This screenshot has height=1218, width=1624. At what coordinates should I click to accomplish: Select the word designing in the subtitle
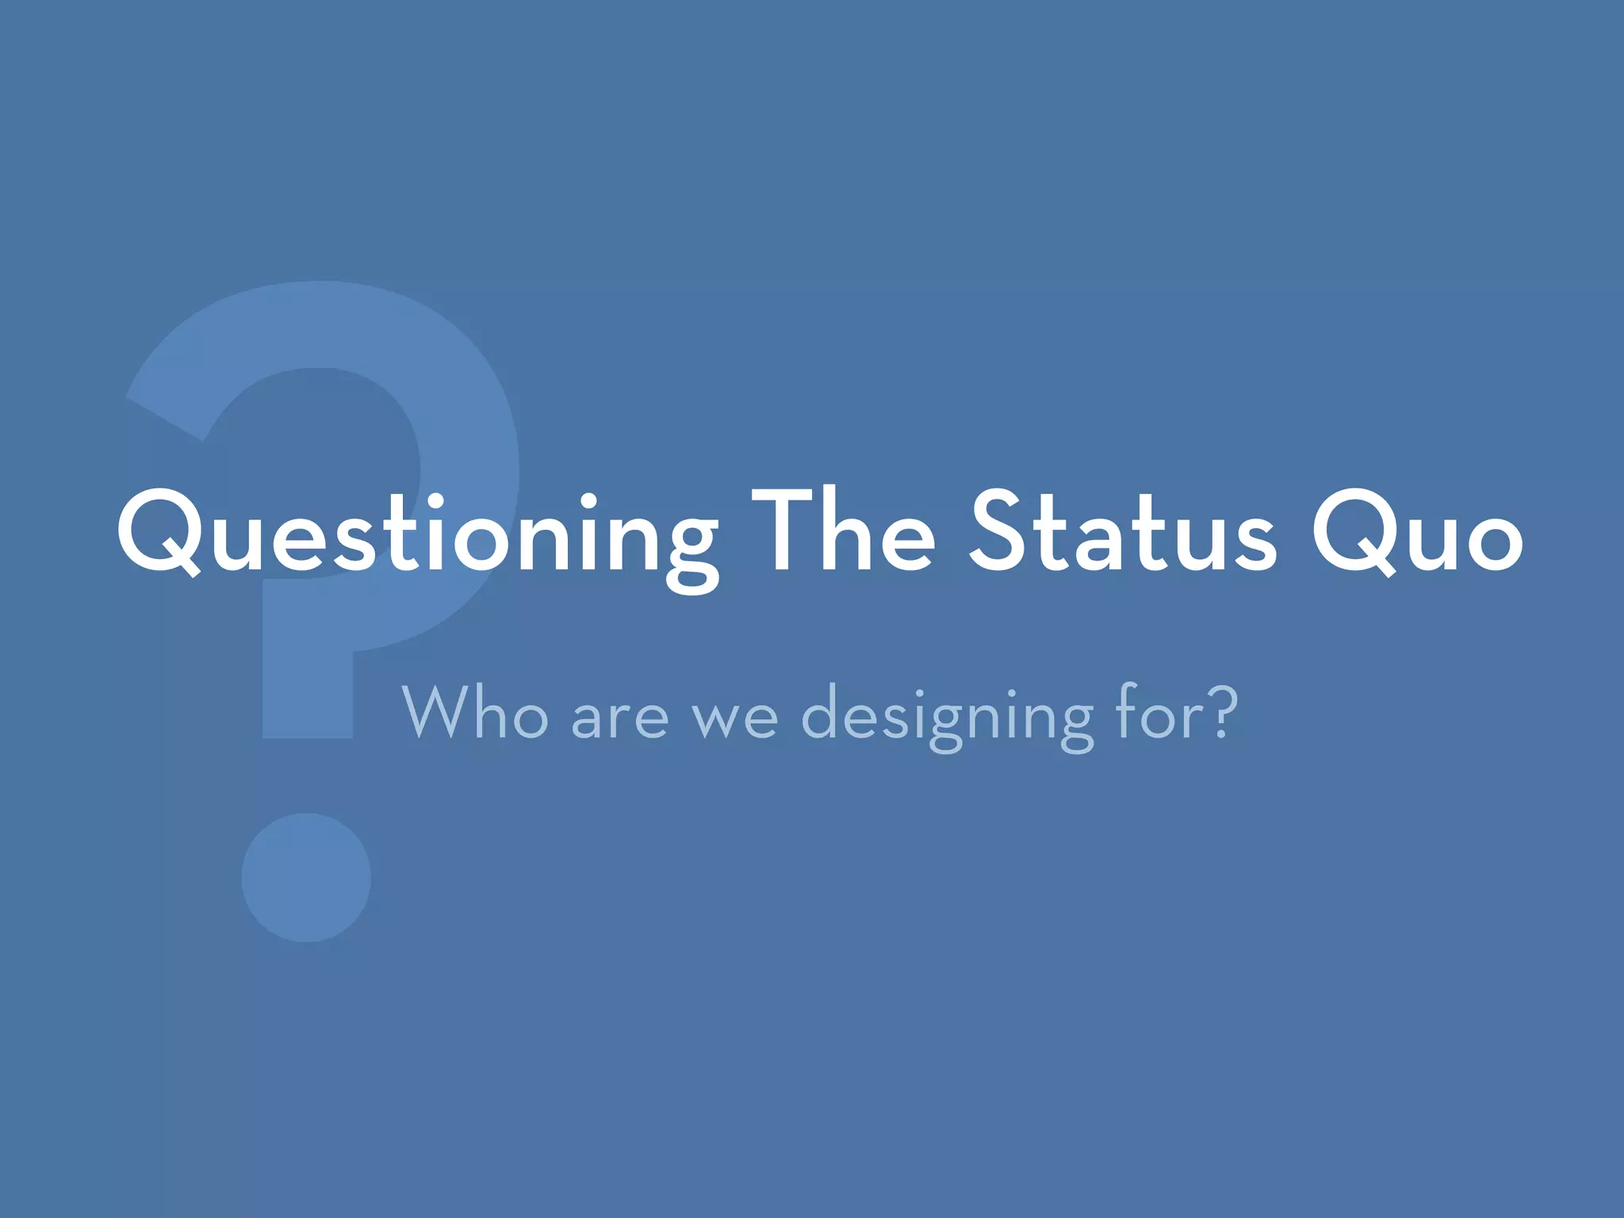coord(948,714)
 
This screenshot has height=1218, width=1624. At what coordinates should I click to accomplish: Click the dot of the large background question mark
coord(306,877)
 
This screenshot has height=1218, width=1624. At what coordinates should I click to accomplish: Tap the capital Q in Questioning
coord(159,530)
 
